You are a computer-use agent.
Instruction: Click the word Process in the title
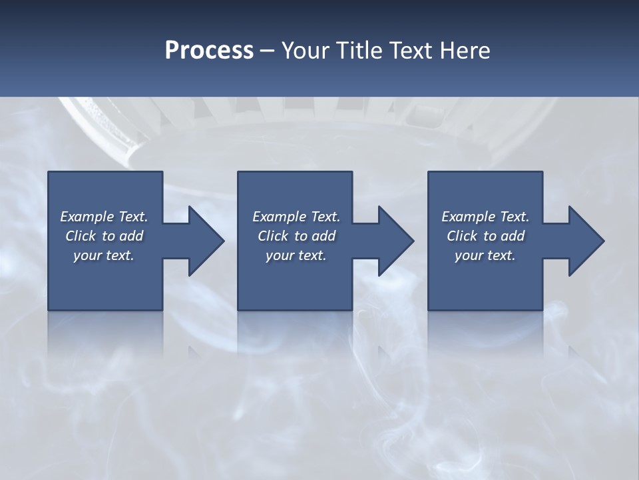tap(209, 51)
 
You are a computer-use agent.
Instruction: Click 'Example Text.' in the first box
tap(105, 217)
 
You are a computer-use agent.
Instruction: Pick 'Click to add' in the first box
tap(105, 236)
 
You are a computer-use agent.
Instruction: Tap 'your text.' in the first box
tap(105, 255)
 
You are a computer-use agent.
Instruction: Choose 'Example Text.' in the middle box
tap(296, 217)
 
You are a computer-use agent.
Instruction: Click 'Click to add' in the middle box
tap(296, 236)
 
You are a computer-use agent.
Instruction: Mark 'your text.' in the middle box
tap(296, 255)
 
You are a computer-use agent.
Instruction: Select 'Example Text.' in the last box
tap(485, 217)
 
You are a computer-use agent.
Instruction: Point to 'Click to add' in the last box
tap(485, 236)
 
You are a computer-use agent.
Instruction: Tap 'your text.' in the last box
tap(485, 255)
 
